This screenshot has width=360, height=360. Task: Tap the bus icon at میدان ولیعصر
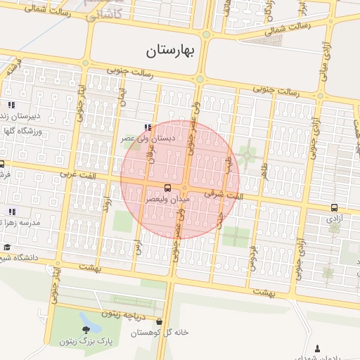point(167,188)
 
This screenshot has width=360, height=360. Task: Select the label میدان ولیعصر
point(167,200)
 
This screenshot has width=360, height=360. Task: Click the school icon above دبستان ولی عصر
point(147,127)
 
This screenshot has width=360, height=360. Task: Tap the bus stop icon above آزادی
point(333,207)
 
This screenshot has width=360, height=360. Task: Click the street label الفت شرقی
point(224,193)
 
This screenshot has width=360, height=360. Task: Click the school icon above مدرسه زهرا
point(12,211)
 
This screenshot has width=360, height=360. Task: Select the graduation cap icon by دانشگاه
point(7,247)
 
